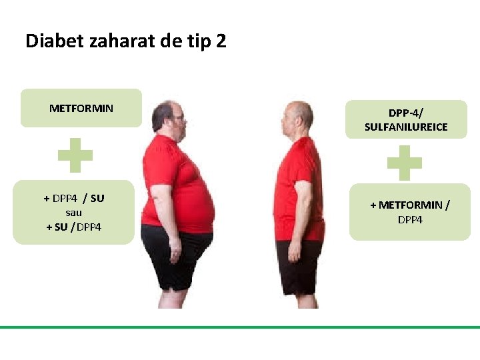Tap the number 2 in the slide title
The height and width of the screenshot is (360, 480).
(x=221, y=41)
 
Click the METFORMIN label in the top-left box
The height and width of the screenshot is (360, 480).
(x=81, y=108)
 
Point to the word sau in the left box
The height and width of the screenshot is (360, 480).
(x=73, y=213)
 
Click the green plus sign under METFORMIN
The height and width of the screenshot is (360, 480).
(x=75, y=156)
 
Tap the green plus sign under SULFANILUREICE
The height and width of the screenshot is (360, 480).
(x=405, y=163)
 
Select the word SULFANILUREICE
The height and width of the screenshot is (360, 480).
(x=406, y=127)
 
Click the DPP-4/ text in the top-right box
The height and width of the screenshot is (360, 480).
(x=406, y=113)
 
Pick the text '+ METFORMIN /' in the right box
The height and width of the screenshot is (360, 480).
(x=409, y=205)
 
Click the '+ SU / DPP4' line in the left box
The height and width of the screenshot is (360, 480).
(x=73, y=227)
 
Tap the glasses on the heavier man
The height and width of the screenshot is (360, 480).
(x=179, y=119)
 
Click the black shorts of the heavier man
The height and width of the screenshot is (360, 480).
(x=175, y=257)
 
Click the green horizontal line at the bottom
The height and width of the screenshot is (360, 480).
(x=240, y=327)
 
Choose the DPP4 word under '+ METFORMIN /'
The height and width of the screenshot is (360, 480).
(x=409, y=219)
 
